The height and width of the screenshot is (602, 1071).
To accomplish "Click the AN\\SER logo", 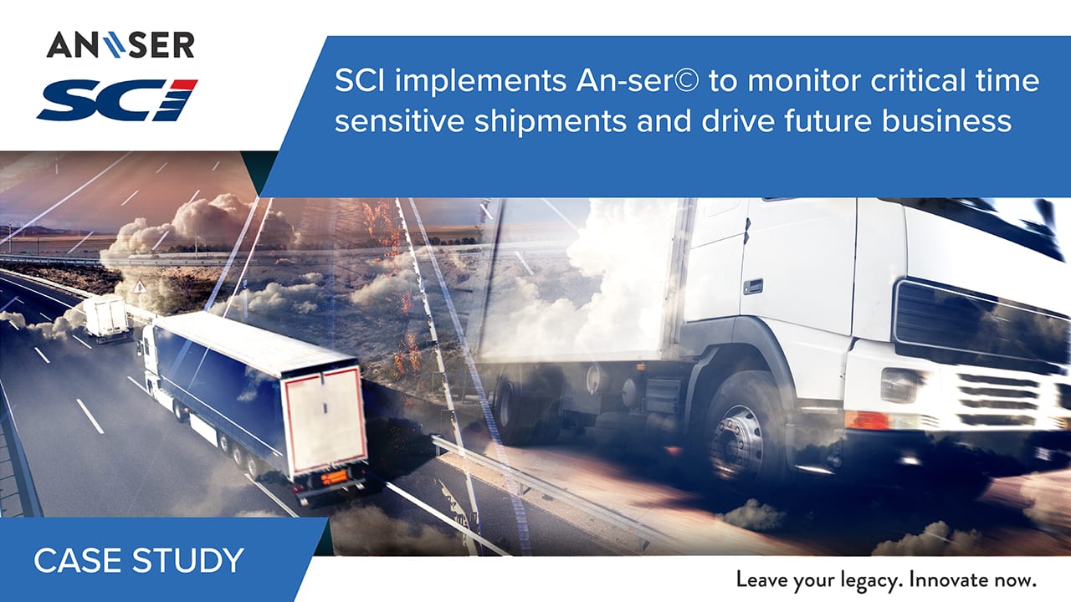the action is [x=120, y=45].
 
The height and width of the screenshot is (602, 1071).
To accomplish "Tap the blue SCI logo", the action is [x=118, y=99].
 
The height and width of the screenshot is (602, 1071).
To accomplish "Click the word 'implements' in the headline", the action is [x=480, y=81].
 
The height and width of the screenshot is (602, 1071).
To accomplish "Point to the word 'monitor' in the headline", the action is [x=803, y=80].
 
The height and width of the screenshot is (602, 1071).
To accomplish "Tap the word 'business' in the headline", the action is [x=946, y=120].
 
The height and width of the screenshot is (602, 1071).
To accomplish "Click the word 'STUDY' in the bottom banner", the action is [x=188, y=560].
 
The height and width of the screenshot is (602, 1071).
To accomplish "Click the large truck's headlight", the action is [x=899, y=385].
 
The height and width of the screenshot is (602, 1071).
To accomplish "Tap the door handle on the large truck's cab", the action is [x=752, y=286].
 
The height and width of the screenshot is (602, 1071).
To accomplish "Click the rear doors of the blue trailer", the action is [x=325, y=421].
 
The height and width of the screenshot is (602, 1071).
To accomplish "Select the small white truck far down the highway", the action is [x=105, y=317].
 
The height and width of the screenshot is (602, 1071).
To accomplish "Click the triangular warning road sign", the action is [x=139, y=287].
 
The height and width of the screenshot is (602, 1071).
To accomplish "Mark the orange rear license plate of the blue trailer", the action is [x=334, y=477].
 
